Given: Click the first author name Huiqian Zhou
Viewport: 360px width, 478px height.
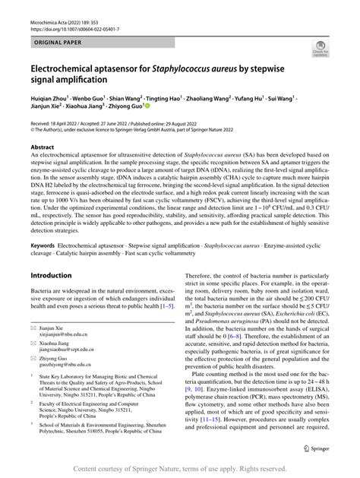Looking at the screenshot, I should [x=51, y=99].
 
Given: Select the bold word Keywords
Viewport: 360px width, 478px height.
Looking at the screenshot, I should [x=44, y=246].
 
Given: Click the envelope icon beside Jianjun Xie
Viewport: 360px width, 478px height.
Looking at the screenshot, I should [x=34, y=326].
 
